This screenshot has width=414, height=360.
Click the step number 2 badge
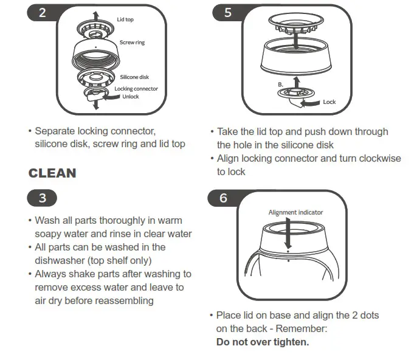pyautogui.click(x=41, y=13)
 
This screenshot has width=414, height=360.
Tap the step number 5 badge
pyautogui.click(x=227, y=13)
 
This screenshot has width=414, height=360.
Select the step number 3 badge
pyautogui.click(x=41, y=198)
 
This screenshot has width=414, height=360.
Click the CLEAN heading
pyautogui.click(x=52, y=173)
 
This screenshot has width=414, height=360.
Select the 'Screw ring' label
pyautogui.click(x=132, y=43)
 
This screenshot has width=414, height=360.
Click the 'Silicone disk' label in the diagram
pyautogui.click(x=134, y=77)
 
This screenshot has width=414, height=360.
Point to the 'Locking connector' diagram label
pyautogui.click(x=136, y=89)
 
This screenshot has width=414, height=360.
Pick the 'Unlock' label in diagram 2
pyautogui.click(x=131, y=96)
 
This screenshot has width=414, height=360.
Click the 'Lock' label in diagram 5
pyautogui.click(x=329, y=102)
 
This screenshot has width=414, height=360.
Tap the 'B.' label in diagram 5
pyautogui.click(x=280, y=83)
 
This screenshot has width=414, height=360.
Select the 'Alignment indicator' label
pyautogui.click(x=295, y=212)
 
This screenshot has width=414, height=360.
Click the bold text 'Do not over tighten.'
pyautogui.click(x=263, y=342)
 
